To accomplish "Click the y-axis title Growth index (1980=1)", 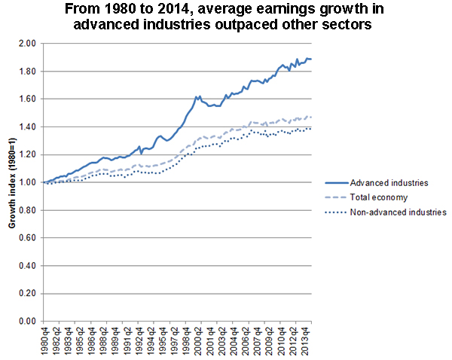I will coord(11,182).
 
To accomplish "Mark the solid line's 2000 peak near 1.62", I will coord(197,96).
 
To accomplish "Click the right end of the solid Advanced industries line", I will coord(311,59).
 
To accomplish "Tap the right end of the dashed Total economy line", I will coord(311,117).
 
